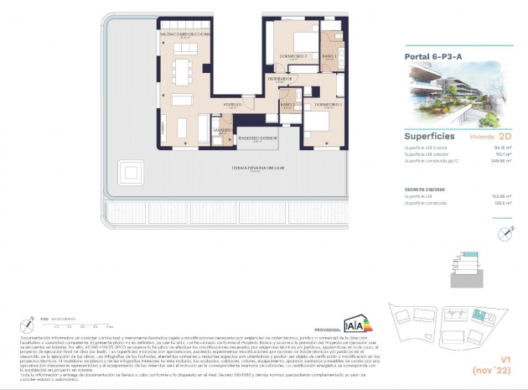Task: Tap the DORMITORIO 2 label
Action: [x=294, y=56]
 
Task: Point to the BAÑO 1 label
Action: [x=329, y=56]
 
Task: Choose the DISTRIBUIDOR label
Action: [x=281, y=78]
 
